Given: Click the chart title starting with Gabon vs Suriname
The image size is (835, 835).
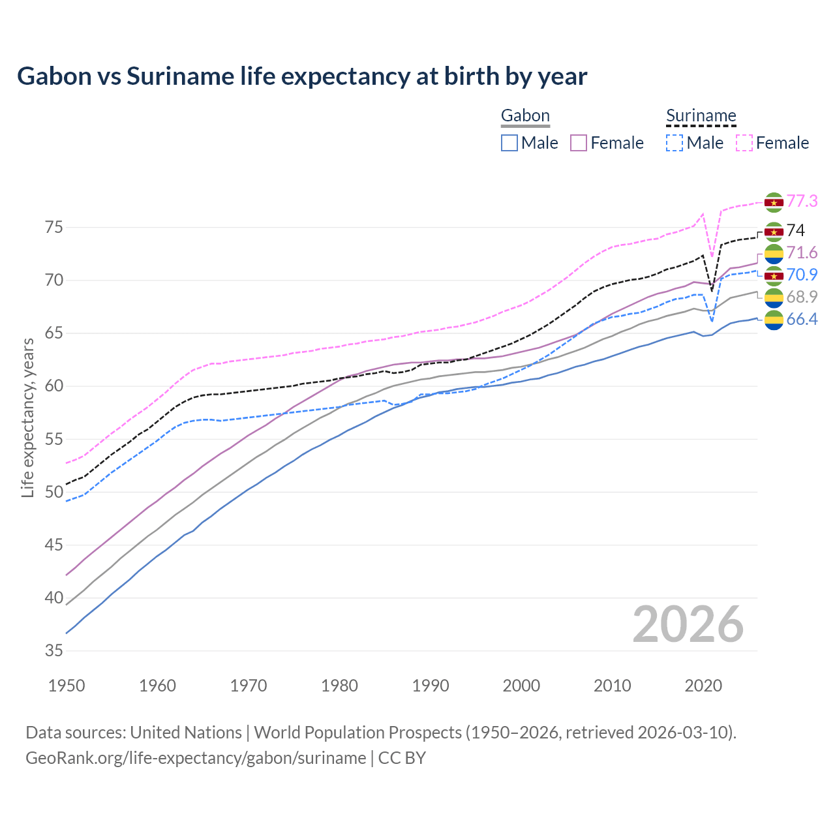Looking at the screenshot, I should pyautogui.click(x=302, y=76).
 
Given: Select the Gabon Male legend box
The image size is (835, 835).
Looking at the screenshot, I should pyautogui.click(x=509, y=143).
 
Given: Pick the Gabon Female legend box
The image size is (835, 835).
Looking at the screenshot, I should pyautogui.click(x=579, y=143).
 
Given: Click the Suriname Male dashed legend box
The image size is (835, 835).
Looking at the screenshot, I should pyautogui.click(x=675, y=143).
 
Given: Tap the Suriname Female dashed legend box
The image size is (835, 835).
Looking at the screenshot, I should pyautogui.click(x=744, y=143).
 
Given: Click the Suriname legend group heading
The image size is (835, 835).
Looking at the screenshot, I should pyautogui.click(x=701, y=116).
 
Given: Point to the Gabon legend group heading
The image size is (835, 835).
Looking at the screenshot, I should pyautogui.click(x=525, y=116).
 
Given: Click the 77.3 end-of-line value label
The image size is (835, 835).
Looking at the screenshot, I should pyautogui.click(x=802, y=201).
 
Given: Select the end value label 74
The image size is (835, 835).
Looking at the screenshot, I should pyautogui.click(x=795, y=230).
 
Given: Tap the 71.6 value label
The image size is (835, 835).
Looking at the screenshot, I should pyautogui.click(x=802, y=252).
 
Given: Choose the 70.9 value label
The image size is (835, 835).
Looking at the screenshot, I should pyautogui.click(x=802, y=275).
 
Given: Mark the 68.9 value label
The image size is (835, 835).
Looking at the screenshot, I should pyautogui.click(x=802, y=297).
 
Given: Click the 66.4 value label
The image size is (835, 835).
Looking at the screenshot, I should pyautogui.click(x=802, y=319).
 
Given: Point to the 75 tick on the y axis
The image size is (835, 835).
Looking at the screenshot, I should pyautogui.click(x=54, y=228).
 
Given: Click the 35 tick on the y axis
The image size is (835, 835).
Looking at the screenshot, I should pyautogui.click(x=54, y=650).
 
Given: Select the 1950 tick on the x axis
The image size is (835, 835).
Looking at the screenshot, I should pyautogui.click(x=67, y=686).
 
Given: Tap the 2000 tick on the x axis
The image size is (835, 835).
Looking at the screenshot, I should pyautogui.click(x=521, y=686).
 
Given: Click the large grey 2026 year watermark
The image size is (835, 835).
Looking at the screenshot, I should pyautogui.click(x=688, y=624).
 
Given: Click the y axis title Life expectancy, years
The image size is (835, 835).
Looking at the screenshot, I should pyautogui.click(x=27, y=417).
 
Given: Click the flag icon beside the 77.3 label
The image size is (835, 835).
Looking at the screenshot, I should pyautogui.click(x=774, y=202).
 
